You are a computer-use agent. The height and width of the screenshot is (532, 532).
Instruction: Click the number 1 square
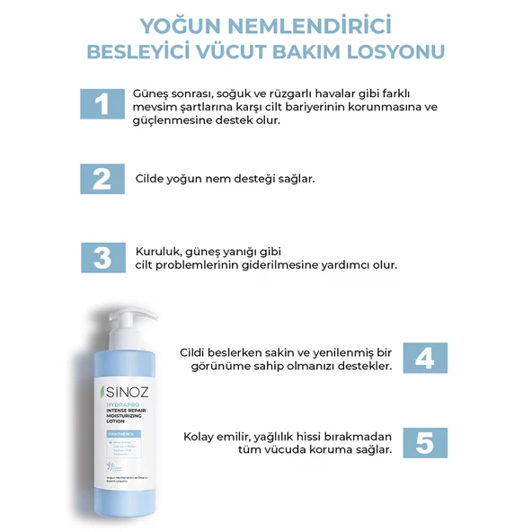(x=102, y=103)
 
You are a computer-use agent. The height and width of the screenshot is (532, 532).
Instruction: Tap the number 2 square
(x=102, y=178)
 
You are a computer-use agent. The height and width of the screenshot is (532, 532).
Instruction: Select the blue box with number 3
(x=102, y=257)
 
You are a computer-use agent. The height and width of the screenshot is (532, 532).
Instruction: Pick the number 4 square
(x=425, y=358)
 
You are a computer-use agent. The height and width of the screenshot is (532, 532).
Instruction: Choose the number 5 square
(x=425, y=442)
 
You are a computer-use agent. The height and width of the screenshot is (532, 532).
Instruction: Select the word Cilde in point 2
(x=153, y=179)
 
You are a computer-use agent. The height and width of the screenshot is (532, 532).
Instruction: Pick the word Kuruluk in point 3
(x=159, y=251)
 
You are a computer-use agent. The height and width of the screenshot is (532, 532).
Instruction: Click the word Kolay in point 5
(x=202, y=436)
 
